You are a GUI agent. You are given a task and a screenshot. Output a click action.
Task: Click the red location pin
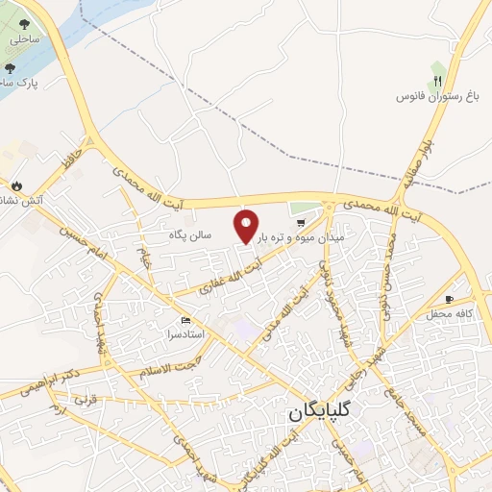click(247, 226)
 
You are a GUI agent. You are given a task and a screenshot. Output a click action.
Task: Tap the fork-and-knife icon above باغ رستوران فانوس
click(438, 82)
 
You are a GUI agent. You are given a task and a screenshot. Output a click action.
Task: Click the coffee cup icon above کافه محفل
click(449, 299)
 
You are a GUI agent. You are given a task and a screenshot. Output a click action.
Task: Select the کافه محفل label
click(446, 314)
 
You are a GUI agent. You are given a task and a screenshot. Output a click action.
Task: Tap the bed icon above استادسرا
click(185, 321)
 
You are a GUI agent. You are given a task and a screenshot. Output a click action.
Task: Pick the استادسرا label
click(185, 336)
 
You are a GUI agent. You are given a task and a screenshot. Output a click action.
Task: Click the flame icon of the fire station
click(16, 184)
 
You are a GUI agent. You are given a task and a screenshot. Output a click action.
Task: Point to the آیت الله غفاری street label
click(230, 270)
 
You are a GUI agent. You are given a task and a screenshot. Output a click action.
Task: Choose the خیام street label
click(146, 257)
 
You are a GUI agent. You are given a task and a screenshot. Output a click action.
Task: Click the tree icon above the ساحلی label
click(24, 25)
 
